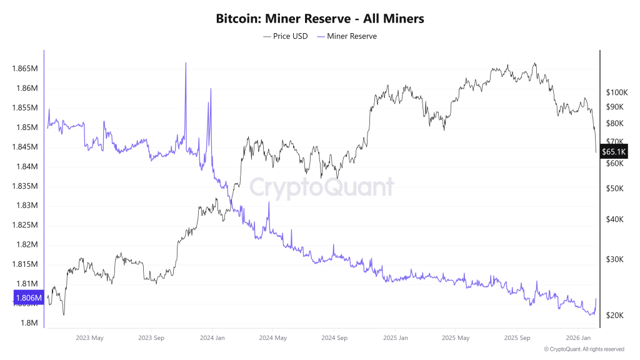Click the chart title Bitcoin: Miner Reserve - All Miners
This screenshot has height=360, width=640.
(320, 19)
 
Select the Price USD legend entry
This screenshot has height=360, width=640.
(286, 36)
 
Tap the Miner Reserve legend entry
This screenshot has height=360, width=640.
(347, 36)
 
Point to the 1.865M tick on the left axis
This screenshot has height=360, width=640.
(26, 68)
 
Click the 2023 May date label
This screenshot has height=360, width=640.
(89, 338)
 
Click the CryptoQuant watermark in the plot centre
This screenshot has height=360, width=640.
(322, 187)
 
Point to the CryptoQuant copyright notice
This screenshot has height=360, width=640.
(584, 349)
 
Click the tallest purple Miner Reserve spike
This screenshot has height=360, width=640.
(186, 64)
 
